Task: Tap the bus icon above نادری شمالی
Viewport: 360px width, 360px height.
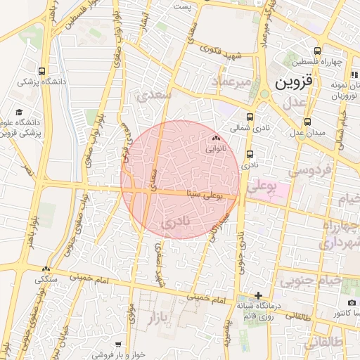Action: click(x=250, y=118)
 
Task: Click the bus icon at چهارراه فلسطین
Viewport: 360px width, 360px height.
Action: click(x=317, y=51)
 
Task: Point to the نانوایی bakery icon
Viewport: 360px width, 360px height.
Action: click(x=216, y=139)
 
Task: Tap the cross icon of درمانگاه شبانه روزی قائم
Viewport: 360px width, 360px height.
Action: click(x=259, y=295)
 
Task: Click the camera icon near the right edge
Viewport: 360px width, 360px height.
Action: click(x=352, y=302)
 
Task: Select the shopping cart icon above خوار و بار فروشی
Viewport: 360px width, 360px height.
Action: click(x=118, y=345)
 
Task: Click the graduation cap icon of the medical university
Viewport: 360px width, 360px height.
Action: click(x=19, y=112)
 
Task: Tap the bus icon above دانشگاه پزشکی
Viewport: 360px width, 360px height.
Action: click(x=42, y=71)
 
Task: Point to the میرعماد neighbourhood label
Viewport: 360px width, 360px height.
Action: click(x=226, y=84)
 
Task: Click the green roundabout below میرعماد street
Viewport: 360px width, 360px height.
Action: click(x=264, y=94)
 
